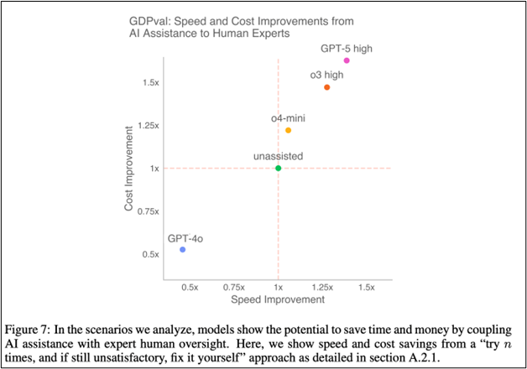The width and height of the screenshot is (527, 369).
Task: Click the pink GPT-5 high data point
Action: coord(347,60)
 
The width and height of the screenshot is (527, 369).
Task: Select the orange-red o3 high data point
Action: coord(327,87)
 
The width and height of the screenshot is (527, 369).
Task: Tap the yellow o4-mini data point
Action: coord(288,130)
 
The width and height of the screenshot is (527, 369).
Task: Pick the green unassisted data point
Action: coord(278,169)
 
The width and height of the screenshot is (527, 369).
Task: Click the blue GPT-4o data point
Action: coord(182,250)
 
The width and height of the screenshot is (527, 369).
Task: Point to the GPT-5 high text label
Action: coord(347,48)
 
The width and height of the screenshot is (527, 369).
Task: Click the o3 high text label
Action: coord(326,75)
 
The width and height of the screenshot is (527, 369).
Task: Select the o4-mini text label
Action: coord(287,117)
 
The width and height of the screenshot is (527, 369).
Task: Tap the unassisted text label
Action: coord(278,156)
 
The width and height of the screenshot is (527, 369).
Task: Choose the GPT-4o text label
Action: coord(185,238)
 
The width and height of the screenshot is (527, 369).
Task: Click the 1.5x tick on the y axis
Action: coord(150,83)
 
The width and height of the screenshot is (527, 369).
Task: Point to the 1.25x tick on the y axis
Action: coord(148,126)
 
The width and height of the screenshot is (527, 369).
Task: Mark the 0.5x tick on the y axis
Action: coord(150,254)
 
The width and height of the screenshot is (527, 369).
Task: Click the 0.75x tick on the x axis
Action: coord(234,287)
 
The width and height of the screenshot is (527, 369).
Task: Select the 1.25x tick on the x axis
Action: coord(322,287)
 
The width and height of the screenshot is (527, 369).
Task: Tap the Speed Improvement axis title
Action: coord(278,299)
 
